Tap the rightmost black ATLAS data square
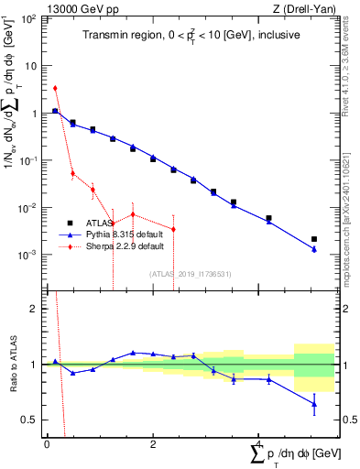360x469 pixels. click(x=314, y=239)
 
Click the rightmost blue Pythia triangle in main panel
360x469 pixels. click(x=314, y=249)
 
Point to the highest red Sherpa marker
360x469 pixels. click(x=55, y=89)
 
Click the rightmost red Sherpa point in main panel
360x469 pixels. click(x=173, y=228)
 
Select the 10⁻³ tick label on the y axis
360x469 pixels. click(x=28, y=255)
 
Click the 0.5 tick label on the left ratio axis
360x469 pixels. click(x=31, y=420)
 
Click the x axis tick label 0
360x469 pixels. click(x=47, y=444)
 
